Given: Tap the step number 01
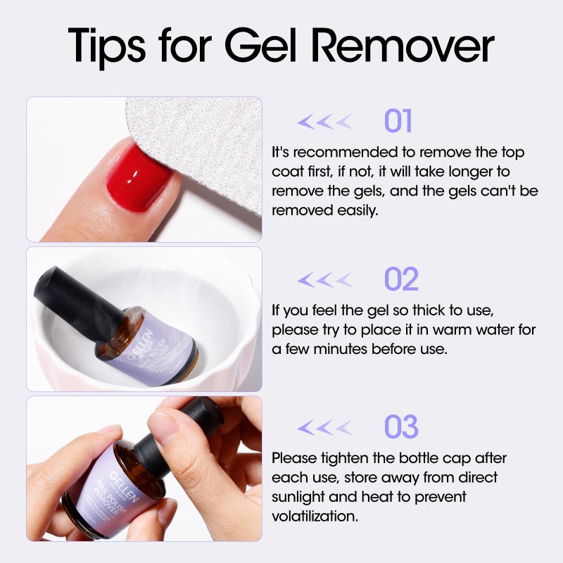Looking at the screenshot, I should pyautogui.click(x=398, y=122).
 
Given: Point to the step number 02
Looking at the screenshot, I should pyautogui.click(x=401, y=279).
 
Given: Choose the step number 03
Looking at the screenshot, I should pyautogui.click(x=401, y=427).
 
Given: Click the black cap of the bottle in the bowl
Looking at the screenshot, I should pyautogui.click(x=70, y=299).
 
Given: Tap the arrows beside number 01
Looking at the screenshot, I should pyautogui.click(x=324, y=122).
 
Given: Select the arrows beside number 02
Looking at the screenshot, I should pyautogui.click(x=324, y=280).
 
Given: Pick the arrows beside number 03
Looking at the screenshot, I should pyautogui.click(x=324, y=427).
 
